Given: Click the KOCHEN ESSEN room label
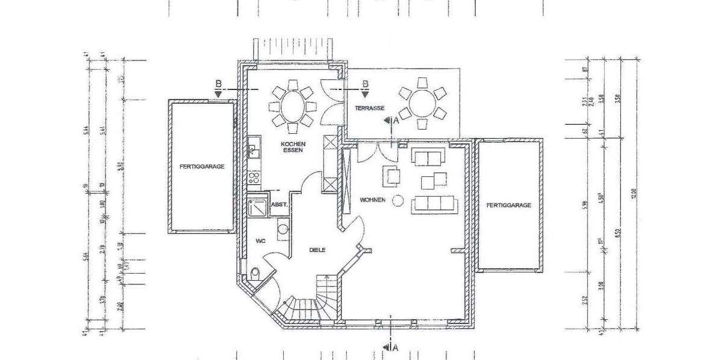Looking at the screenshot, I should pos(295,147).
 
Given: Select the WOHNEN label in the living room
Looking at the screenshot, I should pos(373,199).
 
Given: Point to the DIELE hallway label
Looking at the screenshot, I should pos(317,250).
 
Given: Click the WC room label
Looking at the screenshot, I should pos(260,241).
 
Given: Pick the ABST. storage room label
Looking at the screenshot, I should pos(280,205).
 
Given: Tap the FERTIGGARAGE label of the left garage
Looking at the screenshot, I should pos(202,166).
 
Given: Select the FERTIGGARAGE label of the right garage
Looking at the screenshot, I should pos(509,205).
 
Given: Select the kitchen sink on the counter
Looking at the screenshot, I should pos(253,148).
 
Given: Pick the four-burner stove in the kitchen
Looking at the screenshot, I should pos(254,177).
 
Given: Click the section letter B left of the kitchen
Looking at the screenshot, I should pos(218,83).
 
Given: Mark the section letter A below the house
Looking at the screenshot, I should pos(395,347).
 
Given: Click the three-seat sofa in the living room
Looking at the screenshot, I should pos(434,204).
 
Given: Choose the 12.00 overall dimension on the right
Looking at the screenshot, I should pos(634,193).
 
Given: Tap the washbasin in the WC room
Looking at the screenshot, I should pos(282,229).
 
